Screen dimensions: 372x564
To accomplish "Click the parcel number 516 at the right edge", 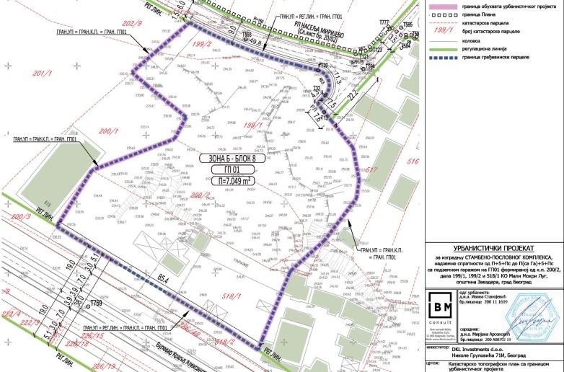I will click(x=413, y=163).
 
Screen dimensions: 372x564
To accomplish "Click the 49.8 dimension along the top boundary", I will click(x=253, y=43).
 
